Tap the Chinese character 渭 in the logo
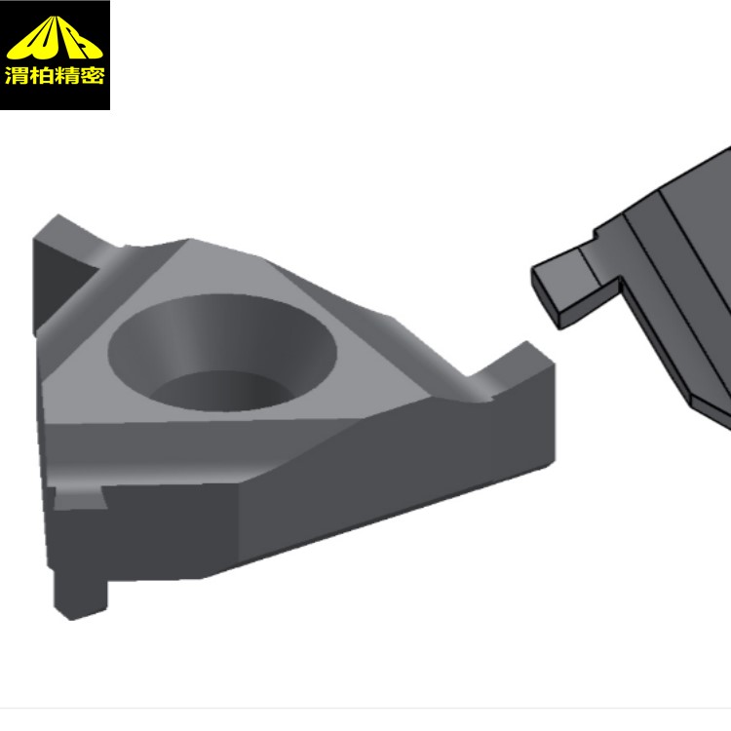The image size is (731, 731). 17,75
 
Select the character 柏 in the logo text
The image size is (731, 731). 42,75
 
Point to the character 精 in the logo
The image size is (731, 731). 66,75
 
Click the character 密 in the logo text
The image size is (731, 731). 92,75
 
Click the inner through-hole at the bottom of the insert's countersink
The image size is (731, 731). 221,391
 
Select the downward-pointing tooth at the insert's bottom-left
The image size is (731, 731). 79,599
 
